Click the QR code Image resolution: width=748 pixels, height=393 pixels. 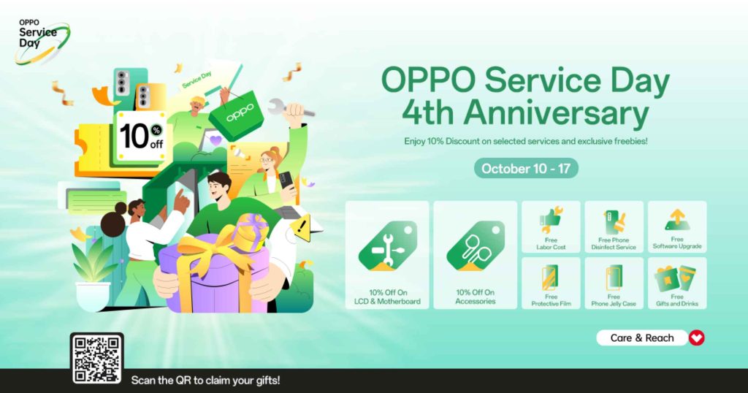(97, 359)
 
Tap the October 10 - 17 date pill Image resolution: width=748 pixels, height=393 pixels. (526, 168)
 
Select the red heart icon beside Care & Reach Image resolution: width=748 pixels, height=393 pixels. (696, 337)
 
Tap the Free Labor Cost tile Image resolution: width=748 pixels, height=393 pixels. (551, 226)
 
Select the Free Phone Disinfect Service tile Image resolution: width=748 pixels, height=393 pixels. (614, 226)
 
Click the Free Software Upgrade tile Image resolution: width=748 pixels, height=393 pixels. (677, 226)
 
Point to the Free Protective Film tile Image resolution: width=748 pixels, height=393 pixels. (551, 283)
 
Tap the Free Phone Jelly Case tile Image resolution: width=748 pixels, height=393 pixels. (614, 283)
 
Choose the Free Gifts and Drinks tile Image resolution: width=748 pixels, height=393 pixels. (677, 283)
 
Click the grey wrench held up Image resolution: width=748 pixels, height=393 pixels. (291, 110)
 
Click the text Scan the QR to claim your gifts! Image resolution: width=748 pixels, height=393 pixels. (205, 381)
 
